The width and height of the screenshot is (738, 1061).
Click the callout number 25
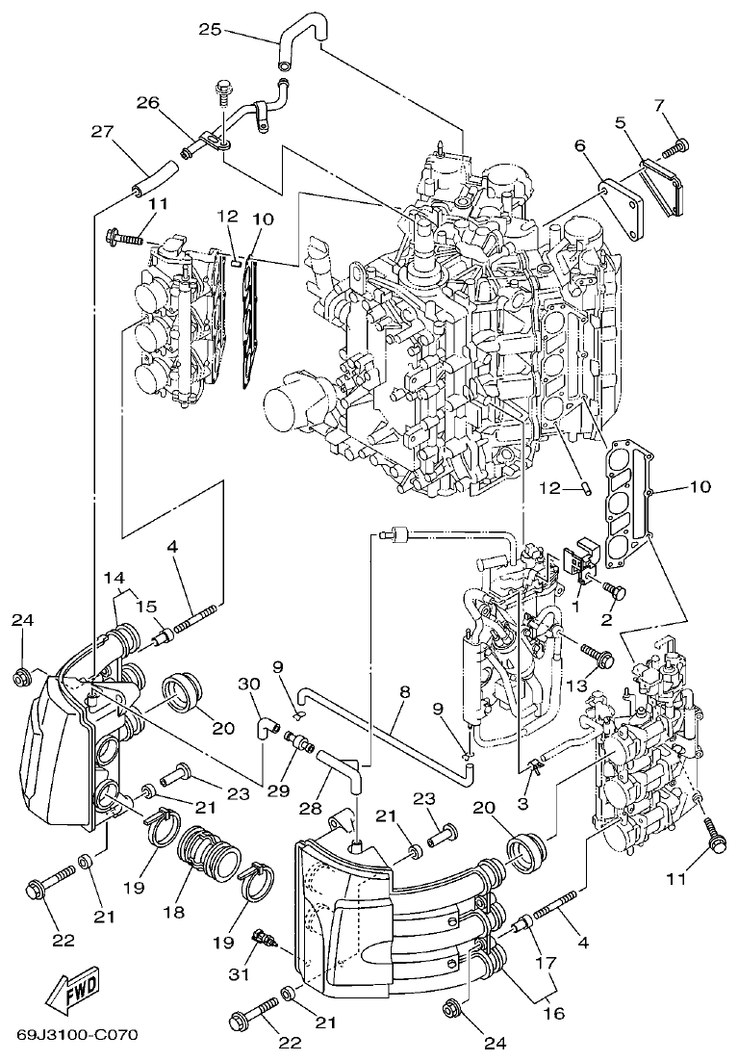(x=210, y=29)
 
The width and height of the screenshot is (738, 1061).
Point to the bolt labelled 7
(x=677, y=147)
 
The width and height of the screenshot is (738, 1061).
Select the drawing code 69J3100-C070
(x=77, y=1035)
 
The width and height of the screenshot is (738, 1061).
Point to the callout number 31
(x=239, y=973)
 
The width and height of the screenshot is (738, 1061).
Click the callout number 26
(x=146, y=101)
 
